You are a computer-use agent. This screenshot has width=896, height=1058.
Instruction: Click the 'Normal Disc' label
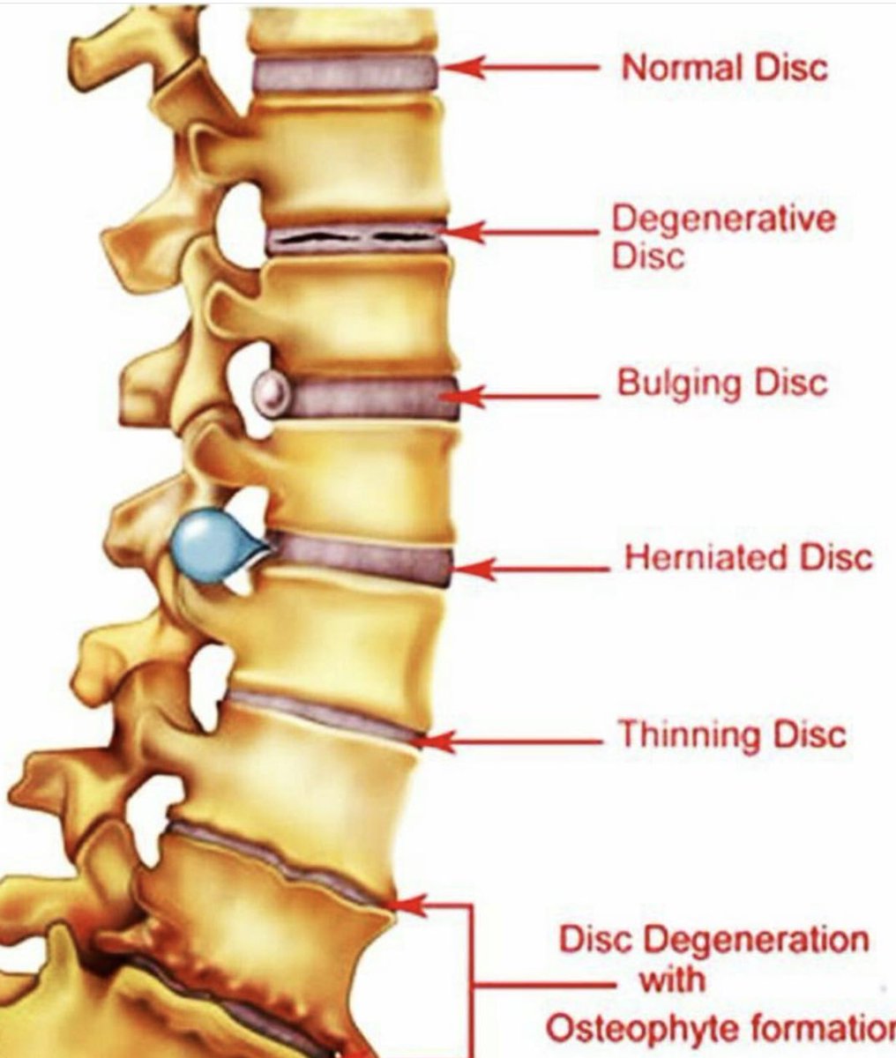coord(725,68)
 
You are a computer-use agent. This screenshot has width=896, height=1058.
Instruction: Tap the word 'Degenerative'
coord(724,219)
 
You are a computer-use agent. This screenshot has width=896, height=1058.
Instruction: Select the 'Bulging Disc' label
coord(722,384)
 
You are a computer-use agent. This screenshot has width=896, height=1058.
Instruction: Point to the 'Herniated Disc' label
coord(748,557)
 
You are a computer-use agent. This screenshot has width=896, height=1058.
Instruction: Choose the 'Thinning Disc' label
coord(732,734)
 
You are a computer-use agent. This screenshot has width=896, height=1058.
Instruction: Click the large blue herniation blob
coord(209,545)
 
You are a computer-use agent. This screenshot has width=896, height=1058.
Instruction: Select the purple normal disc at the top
coord(344,74)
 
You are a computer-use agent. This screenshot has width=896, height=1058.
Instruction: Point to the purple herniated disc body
coord(362,558)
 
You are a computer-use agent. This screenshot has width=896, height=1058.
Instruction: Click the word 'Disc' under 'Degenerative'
coord(648,257)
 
